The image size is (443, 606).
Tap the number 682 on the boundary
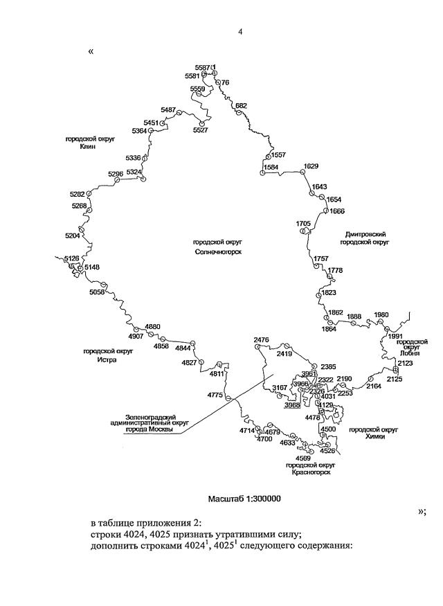[x=241, y=105]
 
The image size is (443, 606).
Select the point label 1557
[x=279, y=154]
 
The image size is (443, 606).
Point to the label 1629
[x=311, y=166]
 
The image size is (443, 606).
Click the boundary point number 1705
[x=303, y=223]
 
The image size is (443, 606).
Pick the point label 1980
[x=381, y=315]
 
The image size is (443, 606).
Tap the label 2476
[x=261, y=339]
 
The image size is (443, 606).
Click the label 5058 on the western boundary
[x=97, y=293]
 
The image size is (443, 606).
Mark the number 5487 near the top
[x=168, y=109]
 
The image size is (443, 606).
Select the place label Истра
[x=107, y=359]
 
